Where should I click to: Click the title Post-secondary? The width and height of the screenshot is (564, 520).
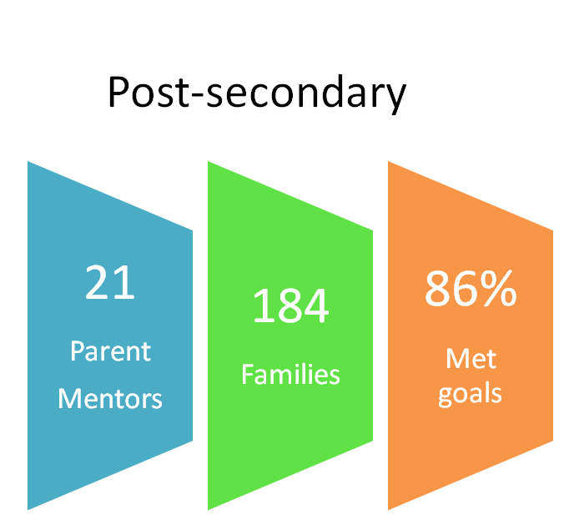pos(257,93)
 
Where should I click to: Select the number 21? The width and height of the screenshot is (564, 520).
pos(109,282)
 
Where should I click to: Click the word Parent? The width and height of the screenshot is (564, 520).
pos(110,351)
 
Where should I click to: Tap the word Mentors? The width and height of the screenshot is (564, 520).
pos(110,399)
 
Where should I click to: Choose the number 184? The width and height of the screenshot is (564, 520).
pos(290,305)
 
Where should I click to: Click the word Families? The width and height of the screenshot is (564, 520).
pos(290,374)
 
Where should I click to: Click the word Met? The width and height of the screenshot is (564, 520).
pos(471,359)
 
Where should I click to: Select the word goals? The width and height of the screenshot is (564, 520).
pos(470,395)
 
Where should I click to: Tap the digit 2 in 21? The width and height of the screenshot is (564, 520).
pos(97,282)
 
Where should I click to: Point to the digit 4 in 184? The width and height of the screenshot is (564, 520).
pos(316,305)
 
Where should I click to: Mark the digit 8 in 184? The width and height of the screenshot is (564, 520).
pos(290,305)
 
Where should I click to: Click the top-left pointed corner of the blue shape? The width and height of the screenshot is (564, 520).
pos(28,162)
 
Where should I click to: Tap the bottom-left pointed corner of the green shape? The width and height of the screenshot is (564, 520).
pos(209,509)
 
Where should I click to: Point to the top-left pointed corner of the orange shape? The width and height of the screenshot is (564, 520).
pos(389,162)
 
